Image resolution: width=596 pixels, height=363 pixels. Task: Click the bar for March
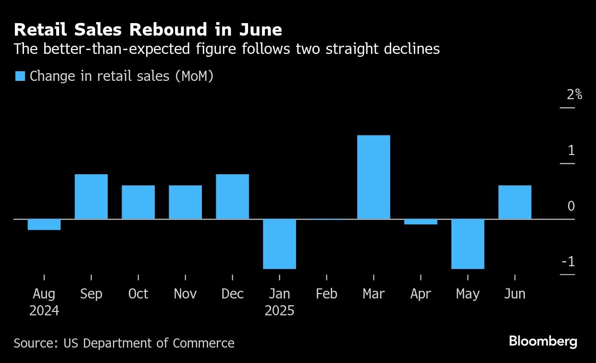(x=373, y=177)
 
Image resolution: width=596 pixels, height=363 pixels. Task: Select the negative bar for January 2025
(x=279, y=244)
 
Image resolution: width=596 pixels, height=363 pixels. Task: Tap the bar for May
(x=468, y=244)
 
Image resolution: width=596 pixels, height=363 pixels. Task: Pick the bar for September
(x=91, y=196)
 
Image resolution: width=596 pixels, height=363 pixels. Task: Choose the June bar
(x=515, y=202)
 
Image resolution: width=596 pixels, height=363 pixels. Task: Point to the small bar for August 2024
(x=44, y=224)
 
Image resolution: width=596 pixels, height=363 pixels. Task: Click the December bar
(x=232, y=196)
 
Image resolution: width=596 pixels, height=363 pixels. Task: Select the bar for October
(x=138, y=202)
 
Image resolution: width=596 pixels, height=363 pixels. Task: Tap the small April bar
(x=421, y=221)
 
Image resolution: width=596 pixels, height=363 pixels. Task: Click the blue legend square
(x=20, y=76)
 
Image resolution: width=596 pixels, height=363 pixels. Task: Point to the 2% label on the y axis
(x=574, y=94)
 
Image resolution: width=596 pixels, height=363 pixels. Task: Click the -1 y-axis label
(x=568, y=262)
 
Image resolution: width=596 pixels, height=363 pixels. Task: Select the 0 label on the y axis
(x=571, y=206)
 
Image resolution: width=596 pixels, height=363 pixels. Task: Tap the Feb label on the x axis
(x=326, y=294)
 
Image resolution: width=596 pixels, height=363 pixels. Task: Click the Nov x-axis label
(x=185, y=294)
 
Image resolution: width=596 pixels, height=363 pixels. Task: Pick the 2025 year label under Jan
(x=279, y=311)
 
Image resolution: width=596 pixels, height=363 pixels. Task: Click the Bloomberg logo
(x=543, y=342)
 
